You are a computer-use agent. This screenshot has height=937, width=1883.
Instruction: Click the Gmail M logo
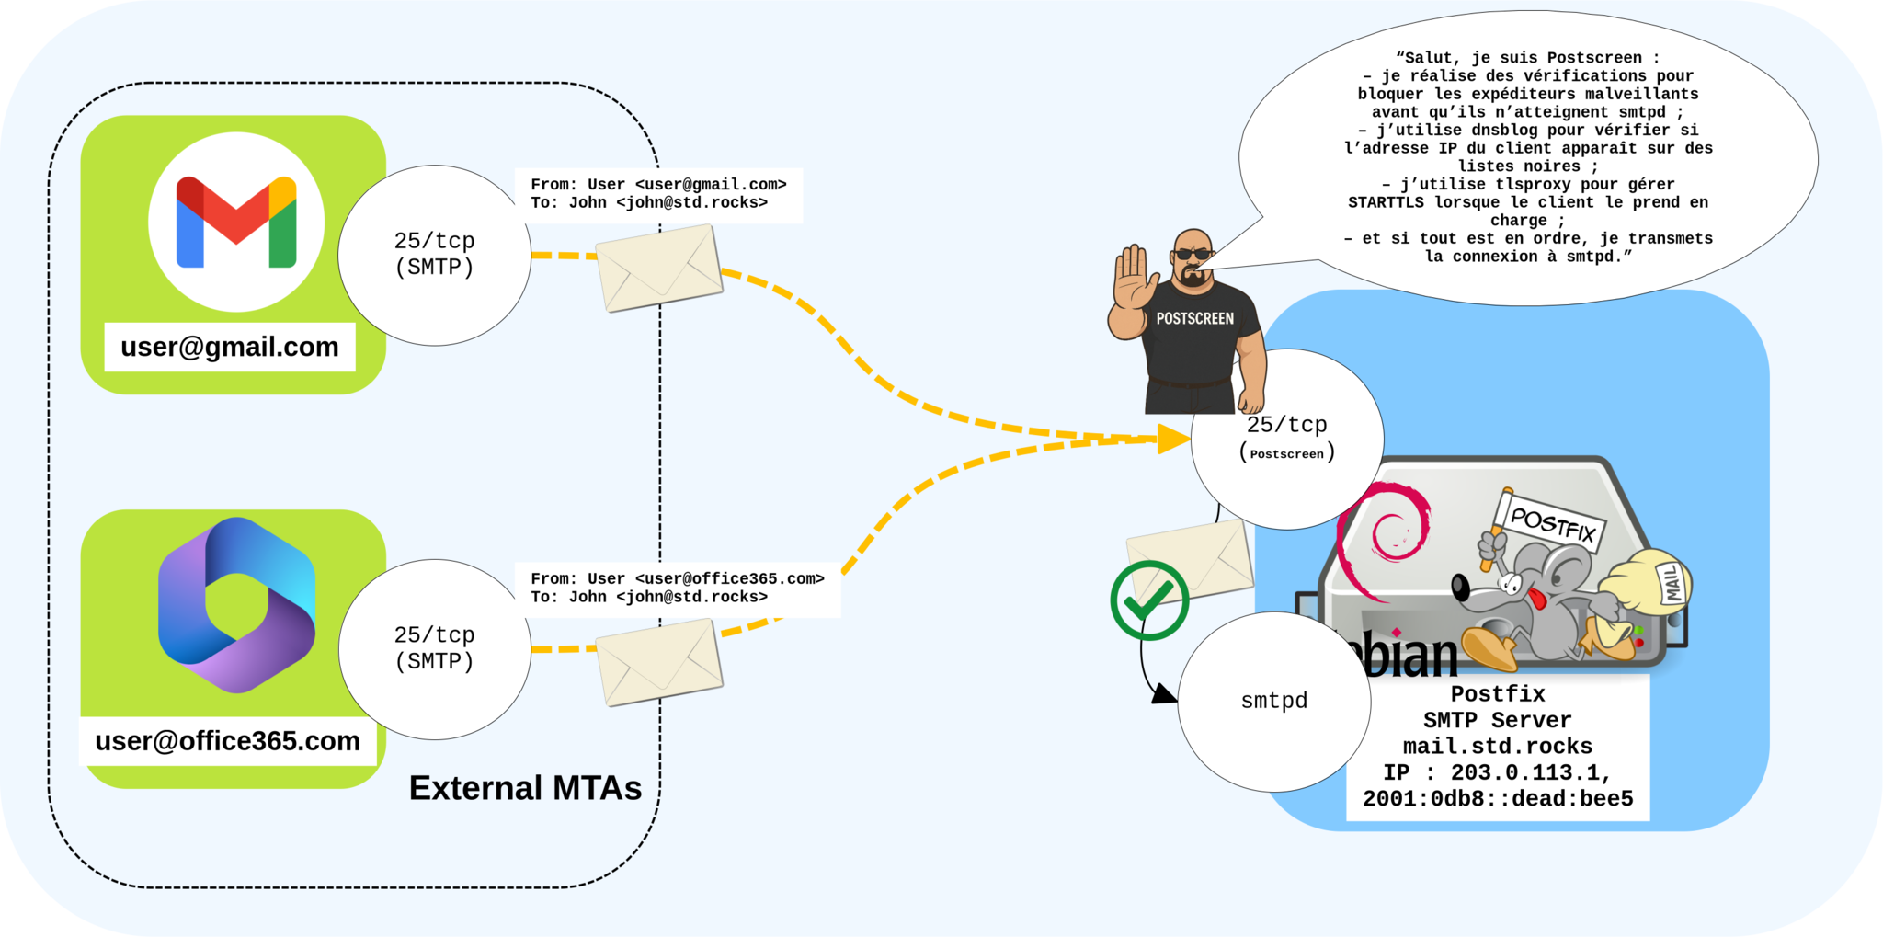[236, 222]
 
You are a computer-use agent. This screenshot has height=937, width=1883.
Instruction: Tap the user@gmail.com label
[230, 347]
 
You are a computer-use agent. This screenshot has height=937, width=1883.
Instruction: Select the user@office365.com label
[228, 741]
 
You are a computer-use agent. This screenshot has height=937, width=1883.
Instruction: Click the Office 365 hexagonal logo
[236, 605]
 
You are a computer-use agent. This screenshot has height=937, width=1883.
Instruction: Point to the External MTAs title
[525, 788]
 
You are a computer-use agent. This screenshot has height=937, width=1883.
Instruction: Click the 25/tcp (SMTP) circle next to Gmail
[434, 255]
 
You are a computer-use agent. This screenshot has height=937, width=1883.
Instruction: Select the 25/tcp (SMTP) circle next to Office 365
[434, 649]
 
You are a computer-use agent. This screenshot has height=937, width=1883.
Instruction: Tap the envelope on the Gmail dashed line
[659, 269]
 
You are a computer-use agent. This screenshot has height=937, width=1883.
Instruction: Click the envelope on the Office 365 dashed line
[659, 662]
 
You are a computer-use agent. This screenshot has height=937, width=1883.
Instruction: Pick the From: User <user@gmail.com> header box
[658, 194]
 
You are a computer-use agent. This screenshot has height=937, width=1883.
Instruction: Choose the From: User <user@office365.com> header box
[677, 588]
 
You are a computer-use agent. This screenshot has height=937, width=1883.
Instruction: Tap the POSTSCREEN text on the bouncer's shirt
[1194, 319]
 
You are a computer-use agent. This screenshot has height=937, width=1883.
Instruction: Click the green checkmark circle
[1149, 600]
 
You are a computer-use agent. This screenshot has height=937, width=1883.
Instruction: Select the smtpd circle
[1273, 701]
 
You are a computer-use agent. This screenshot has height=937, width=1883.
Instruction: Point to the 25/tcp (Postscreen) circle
[1286, 438]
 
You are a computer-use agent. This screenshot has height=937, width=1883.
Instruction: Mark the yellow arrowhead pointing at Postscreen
[1173, 439]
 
